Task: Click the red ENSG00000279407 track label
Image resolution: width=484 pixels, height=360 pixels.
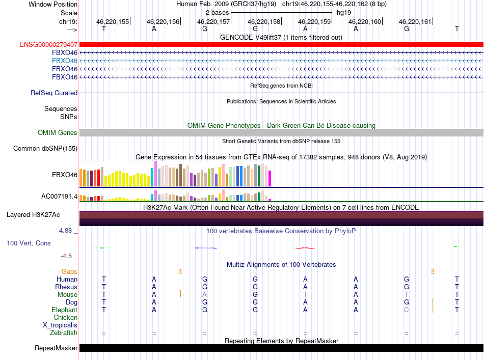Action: click(48, 45)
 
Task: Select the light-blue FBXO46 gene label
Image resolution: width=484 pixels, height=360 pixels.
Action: click(65, 61)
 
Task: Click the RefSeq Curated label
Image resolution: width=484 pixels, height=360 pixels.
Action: click(54, 93)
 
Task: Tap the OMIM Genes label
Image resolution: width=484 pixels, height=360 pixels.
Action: click(58, 133)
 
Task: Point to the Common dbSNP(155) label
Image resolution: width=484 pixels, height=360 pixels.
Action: click(45, 148)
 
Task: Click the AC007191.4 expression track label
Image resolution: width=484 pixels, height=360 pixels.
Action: click(59, 197)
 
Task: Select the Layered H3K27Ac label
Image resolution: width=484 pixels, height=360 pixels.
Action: click(33, 215)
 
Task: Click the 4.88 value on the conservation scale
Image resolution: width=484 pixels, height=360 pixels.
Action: click(65, 231)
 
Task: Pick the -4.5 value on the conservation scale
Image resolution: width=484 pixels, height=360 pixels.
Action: click(66, 256)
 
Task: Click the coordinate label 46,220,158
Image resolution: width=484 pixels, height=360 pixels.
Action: click(264, 21)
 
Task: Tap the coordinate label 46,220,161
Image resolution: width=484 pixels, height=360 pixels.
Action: click(415, 21)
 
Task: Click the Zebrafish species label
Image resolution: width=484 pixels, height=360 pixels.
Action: click(64, 333)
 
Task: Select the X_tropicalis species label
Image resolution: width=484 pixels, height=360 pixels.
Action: click(60, 325)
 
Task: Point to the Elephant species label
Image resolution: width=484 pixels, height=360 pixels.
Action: click(65, 310)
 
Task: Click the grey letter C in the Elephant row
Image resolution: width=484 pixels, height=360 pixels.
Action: click(406, 310)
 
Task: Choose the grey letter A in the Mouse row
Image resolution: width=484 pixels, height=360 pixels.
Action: click(204, 295)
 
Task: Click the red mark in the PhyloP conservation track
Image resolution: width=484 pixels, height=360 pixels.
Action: click(305, 248)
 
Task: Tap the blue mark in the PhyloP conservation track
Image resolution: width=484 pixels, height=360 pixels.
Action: click(206, 247)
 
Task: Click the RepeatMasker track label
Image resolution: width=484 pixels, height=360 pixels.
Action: click(56, 348)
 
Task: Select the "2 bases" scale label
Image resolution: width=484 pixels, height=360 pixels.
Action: click(218, 13)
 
